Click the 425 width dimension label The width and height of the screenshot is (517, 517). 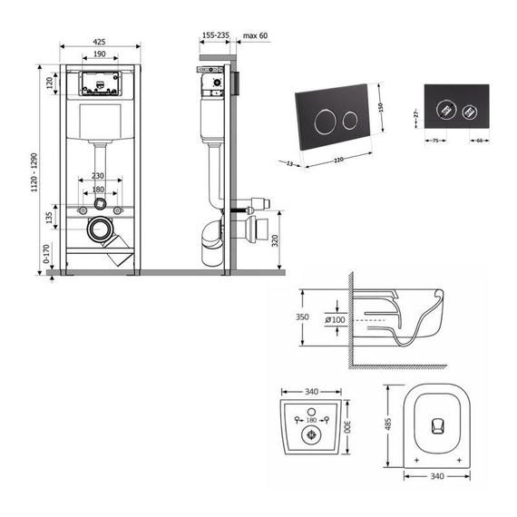coord(101,40)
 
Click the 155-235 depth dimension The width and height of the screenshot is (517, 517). coord(215,34)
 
